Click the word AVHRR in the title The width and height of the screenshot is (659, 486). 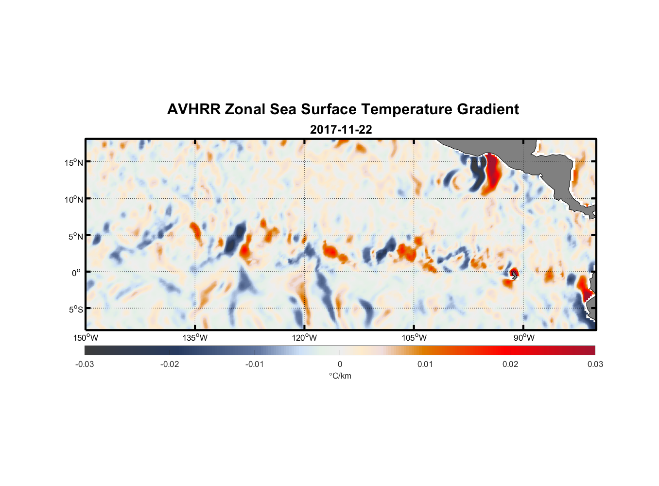tap(193, 109)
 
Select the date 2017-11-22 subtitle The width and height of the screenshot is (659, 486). tap(341, 130)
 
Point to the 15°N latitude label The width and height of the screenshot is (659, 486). tap(73, 162)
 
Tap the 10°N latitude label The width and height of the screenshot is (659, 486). tap(73, 199)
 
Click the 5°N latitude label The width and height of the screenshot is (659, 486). tap(75, 236)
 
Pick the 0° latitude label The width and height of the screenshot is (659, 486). tap(77, 273)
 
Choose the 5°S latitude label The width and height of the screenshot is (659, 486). tap(75, 310)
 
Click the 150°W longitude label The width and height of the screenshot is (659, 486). tap(86, 338)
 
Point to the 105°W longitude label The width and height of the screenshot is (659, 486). tap(414, 338)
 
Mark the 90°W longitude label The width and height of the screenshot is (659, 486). tap(523, 338)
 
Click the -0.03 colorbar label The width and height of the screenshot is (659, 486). tap(85, 364)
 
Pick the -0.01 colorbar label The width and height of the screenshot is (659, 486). tap(254, 364)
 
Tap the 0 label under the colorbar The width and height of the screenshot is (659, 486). tap(340, 364)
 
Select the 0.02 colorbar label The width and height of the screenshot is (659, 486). tap(510, 364)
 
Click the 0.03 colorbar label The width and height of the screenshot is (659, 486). tap(595, 364)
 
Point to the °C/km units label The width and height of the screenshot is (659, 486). tap(340, 376)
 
